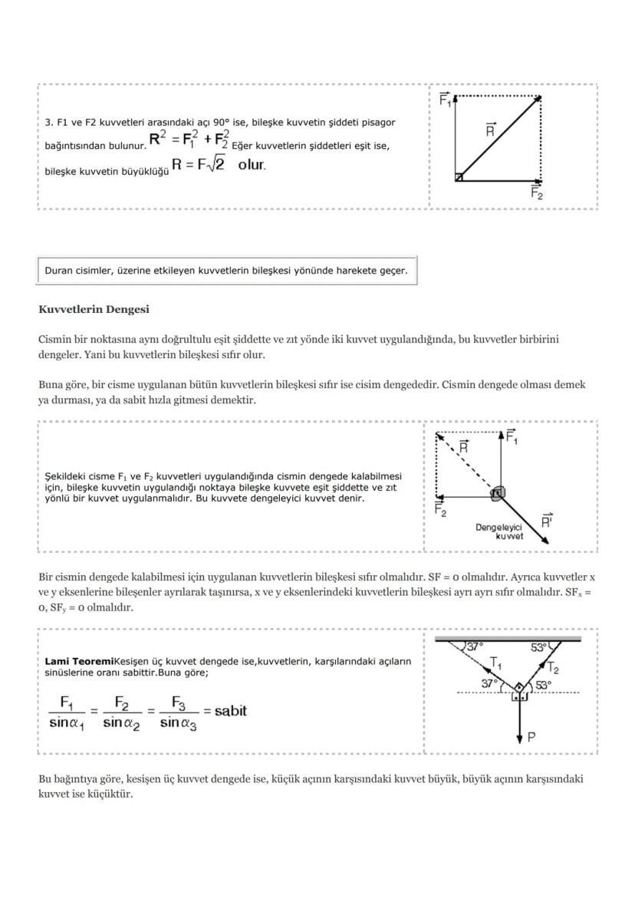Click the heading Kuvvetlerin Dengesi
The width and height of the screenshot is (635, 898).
(x=94, y=310)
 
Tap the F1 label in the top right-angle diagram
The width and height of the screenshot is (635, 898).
(x=445, y=99)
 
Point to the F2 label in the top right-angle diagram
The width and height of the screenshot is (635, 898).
(x=537, y=194)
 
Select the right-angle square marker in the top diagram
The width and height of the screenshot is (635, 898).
(x=459, y=177)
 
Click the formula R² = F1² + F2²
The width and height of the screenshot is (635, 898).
(x=189, y=140)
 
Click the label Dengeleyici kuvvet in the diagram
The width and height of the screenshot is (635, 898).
(x=499, y=531)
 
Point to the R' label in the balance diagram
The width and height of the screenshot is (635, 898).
(x=547, y=521)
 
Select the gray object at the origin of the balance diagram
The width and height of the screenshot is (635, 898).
(x=498, y=493)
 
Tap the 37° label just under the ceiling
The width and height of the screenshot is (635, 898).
(x=475, y=646)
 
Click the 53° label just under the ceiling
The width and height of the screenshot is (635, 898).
(x=539, y=647)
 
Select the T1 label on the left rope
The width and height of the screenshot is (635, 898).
(x=496, y=663)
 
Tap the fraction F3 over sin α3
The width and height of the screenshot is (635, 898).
(x=178, y=712)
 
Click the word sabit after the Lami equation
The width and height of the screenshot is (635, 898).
(x=231, y=710)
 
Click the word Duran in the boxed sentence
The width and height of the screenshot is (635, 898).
(x=59, y=271)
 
